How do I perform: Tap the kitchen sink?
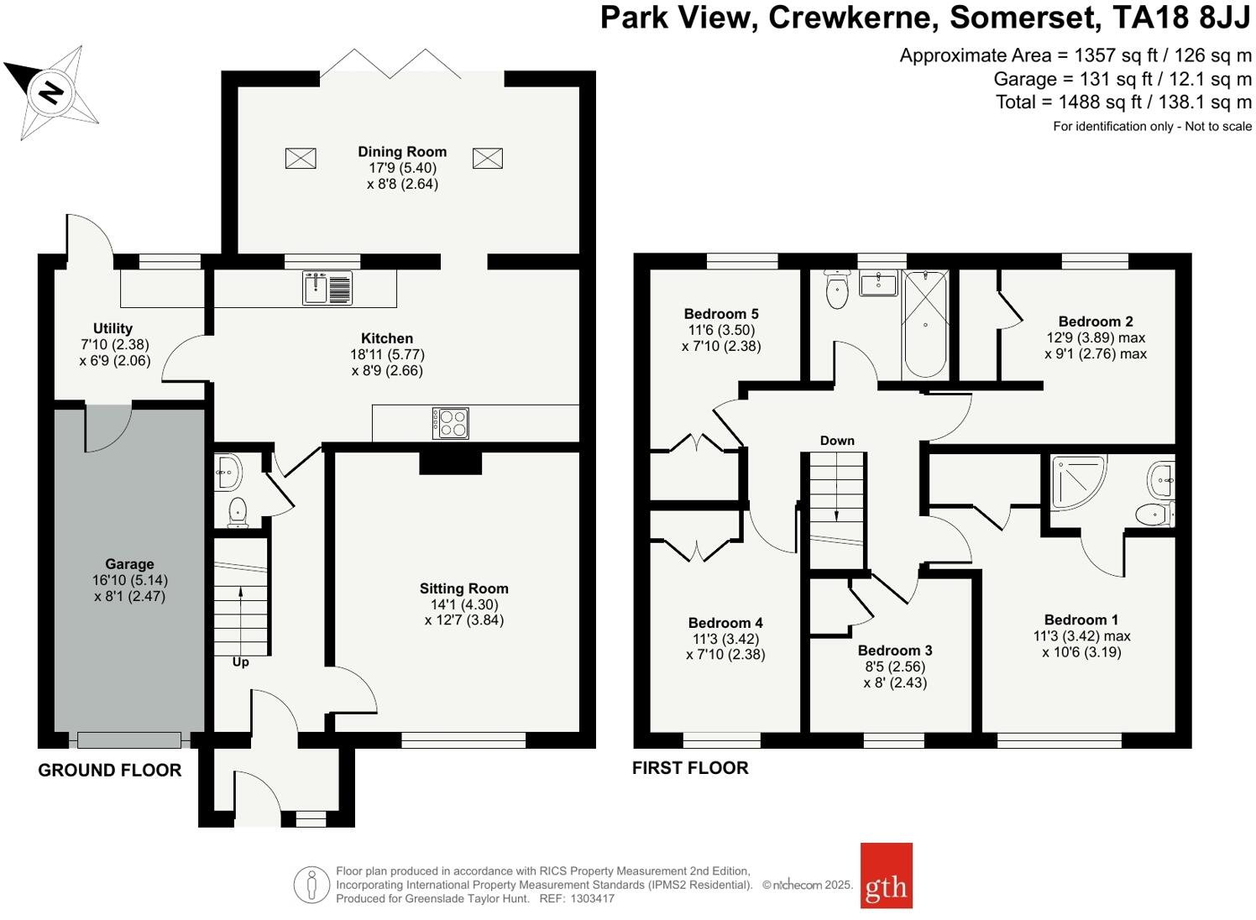[x=327, y=288]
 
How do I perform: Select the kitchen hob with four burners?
[x=450, y=423]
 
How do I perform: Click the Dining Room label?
[x=402, y=152]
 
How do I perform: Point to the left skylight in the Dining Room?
[x=301, y=158]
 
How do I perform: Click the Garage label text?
[x=129, y=564]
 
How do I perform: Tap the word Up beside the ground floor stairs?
[x=240, y=662]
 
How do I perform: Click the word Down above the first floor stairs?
[x=837, y=441]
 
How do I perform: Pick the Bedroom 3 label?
[x=895, y=651]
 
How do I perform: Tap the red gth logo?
[x=886, y=876]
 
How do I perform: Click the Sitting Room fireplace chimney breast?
[x=450, y=463]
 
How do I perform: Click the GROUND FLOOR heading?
[x=110, y=771]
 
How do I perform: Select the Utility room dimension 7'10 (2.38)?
[x=113, y=345]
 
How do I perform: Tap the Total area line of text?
[x=1123, y=102]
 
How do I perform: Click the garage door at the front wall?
[x=129, y=740]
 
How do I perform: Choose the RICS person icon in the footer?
[x=311, y=885]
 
